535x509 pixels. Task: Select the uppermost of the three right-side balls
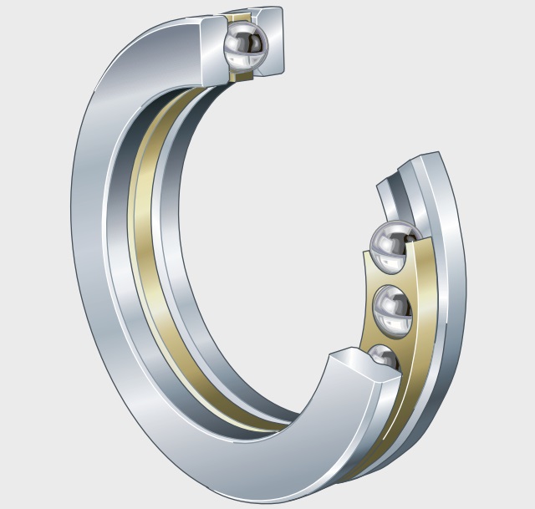point(395,247)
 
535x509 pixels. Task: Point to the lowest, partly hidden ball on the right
point(385,357)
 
